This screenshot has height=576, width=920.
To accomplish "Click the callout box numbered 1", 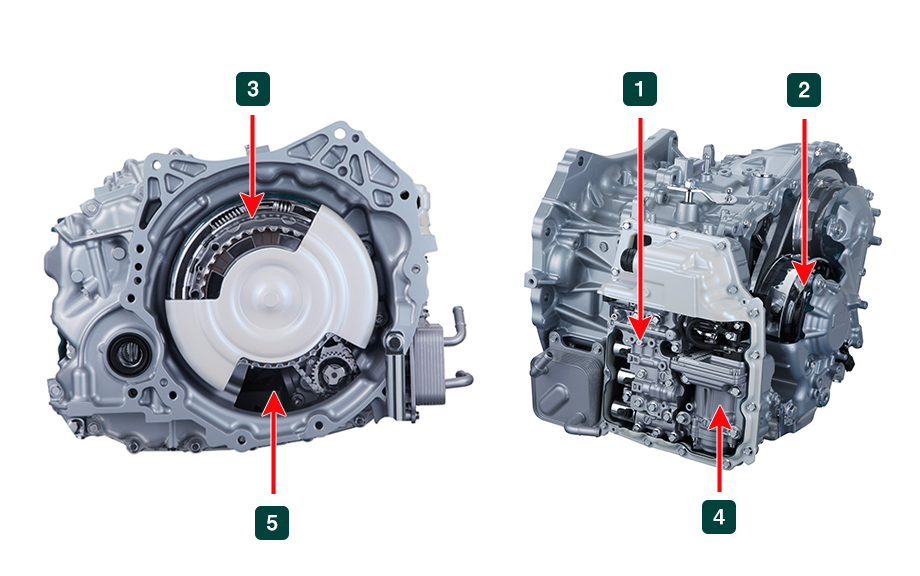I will click(x=640, y=90).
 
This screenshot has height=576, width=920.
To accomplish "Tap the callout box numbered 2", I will click(x=803, y=90).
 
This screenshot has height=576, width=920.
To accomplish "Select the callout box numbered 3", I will click(x=253, y=89).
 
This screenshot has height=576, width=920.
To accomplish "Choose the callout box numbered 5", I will click(x=272, y=522).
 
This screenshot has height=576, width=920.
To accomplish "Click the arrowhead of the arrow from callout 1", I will click(x=640, y=331).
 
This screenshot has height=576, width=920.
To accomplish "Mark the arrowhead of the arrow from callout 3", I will click(x=253, y=211).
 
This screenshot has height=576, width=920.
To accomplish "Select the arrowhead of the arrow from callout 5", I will click(x=272, y=399).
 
